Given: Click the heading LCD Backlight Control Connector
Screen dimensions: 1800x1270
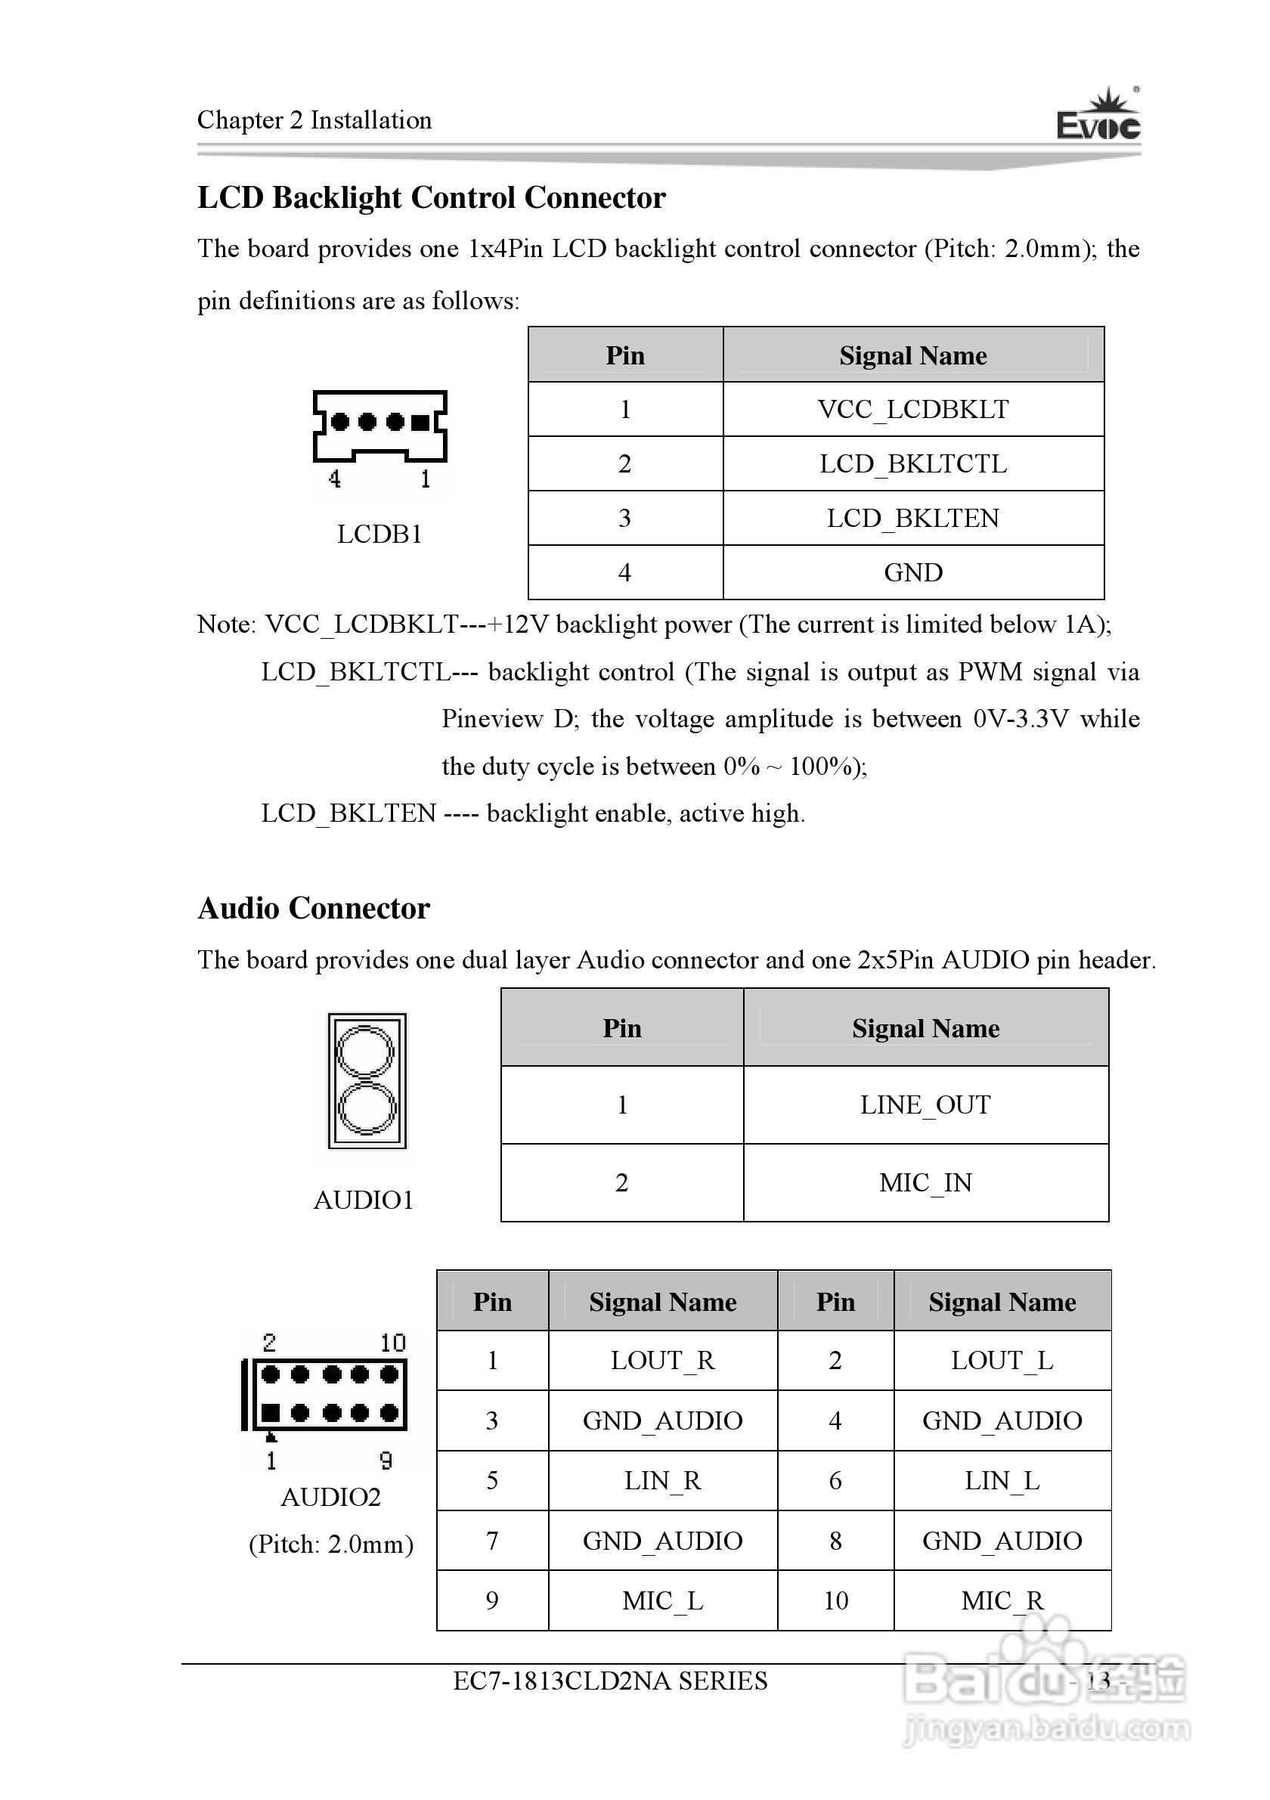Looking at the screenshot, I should [431, 197].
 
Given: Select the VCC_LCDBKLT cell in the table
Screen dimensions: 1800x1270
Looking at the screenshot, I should [912, 409].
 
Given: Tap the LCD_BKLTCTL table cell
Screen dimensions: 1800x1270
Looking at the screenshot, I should [912, 464].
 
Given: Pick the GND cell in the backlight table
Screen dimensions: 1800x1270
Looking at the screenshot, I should [912, 573].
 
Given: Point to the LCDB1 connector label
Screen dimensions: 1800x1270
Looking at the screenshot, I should [379, 534].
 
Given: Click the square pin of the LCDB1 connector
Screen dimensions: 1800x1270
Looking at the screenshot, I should [421, 423].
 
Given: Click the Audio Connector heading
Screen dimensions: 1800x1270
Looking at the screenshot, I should [314, 909].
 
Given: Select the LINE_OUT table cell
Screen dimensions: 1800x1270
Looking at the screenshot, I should [925, 1104].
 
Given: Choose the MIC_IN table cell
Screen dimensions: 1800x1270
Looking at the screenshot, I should [925, 1182].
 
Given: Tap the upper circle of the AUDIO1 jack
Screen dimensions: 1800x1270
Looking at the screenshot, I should [365, 1051].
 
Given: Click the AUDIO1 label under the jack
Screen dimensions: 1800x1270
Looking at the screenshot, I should [363, 1201].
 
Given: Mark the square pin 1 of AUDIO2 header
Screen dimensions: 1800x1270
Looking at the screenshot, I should [271, 1414].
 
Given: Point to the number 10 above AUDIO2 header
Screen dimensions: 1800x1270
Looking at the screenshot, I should [393, 1343].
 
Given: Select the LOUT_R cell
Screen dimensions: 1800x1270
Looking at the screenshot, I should [662, 1361].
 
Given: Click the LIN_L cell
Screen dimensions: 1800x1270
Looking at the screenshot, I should [1002, 1481].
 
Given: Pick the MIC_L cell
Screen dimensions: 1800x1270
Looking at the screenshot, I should [662, 1601].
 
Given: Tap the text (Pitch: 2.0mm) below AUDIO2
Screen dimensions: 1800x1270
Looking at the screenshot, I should [331, 1544].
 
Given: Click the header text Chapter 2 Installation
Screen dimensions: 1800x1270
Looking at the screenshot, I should [314, 120].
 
